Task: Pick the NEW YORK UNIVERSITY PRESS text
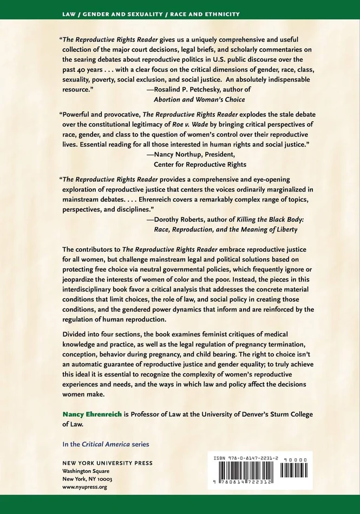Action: [107, 463]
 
